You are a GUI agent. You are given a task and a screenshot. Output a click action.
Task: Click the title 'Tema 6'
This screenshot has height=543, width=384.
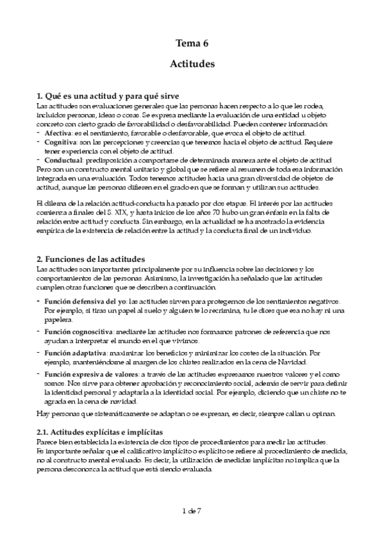[192, 44]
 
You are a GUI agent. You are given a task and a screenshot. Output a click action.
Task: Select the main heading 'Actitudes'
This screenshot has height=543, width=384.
[192, 64]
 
